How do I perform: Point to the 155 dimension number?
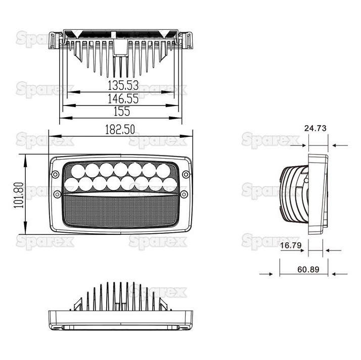[121, 111]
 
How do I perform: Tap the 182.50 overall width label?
[120, 129]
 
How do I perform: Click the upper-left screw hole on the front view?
[55, 175]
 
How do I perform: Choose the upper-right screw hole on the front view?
[186, 175]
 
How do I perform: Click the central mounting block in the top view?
[120, 46]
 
